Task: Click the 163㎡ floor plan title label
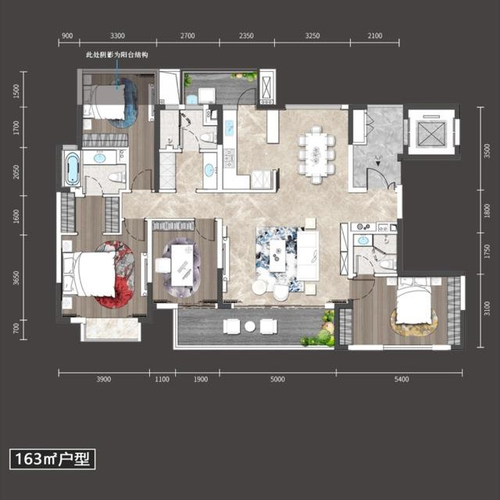(52, 459)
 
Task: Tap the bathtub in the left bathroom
(72, 168)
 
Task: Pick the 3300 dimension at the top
(117, 36)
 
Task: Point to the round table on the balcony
(250, 326)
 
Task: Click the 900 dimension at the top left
(67, 36)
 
